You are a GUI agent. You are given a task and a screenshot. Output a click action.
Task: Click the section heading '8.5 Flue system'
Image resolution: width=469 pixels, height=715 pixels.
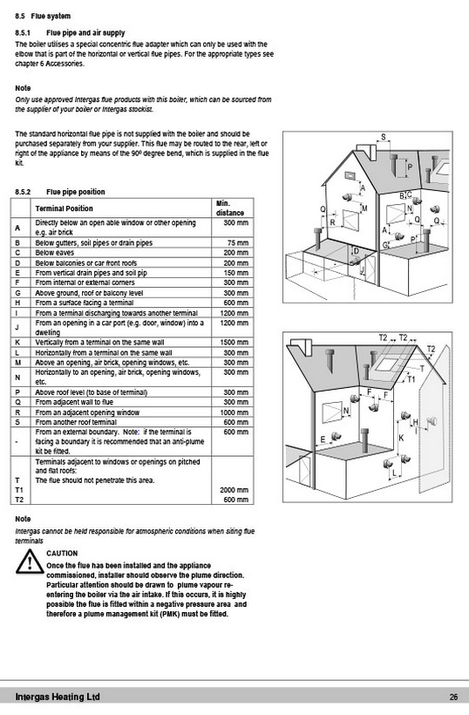pos(43,17)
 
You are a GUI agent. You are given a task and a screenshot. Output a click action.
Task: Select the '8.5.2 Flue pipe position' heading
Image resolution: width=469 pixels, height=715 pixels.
pos(59,192)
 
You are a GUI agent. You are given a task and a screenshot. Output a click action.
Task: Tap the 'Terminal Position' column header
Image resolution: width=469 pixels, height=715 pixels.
pos(64,208)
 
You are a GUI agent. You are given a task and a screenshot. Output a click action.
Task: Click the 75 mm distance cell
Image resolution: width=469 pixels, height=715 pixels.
pos(238,243)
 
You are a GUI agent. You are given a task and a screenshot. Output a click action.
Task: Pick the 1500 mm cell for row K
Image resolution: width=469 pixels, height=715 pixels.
pos(235,343)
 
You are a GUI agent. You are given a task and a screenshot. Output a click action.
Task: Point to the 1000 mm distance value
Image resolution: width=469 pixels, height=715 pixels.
pos(235,412)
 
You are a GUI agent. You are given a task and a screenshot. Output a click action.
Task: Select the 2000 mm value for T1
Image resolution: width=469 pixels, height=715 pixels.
pos(234,490)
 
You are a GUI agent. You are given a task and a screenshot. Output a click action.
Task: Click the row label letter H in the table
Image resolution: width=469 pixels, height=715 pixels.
pos(17,303)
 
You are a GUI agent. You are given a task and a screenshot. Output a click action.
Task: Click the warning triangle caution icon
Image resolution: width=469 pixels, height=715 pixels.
pos(30,562)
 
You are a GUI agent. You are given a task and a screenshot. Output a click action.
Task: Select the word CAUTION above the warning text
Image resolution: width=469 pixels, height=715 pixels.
pos(62,553)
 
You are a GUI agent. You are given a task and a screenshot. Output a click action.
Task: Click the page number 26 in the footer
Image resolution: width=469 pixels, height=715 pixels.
pos(453,698)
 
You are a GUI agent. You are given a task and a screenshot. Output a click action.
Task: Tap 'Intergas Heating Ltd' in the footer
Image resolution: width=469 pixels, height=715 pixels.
pos(58,697)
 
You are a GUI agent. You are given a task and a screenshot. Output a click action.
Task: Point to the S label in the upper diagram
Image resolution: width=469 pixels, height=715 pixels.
pos(384,137)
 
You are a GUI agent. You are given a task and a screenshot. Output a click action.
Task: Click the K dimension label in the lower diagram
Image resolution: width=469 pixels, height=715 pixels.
pos(401,439)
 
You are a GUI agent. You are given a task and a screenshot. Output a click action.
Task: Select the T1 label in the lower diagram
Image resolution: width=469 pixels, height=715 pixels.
pos(411,379)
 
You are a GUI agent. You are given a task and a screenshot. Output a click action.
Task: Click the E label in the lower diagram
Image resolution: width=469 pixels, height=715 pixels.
pos(323,439)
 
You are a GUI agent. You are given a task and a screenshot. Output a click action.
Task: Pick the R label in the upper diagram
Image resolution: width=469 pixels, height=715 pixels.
pos(333,222)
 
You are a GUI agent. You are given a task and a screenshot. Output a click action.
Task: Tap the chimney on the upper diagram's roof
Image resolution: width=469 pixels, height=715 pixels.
pos(365,153)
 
